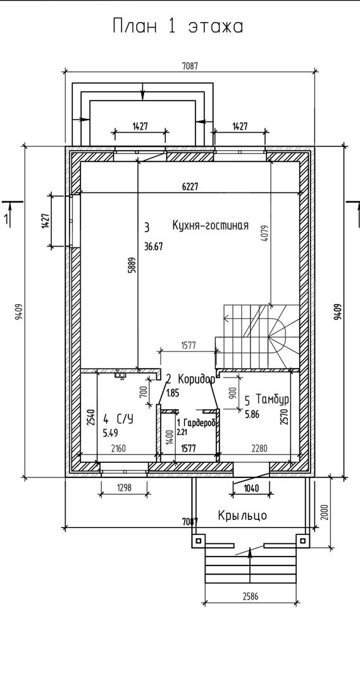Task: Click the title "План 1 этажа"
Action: click(x=178, y=27)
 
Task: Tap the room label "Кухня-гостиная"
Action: click(x=210, y=225)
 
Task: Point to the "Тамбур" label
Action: click(x=273, y=400)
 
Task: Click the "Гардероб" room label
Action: click(x=199, y=422)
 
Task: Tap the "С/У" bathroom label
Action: click(x=125, y=419)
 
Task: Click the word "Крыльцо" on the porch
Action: click(x=242, y=516)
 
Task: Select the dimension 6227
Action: click(x=190, y=187)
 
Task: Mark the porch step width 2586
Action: click(x=251, y=596)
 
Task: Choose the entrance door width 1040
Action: click(x=252, y=488)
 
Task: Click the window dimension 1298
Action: click(x=125, y=487)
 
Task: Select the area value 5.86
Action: click(x=252, y=415)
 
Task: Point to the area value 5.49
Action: click(x=110, y=433)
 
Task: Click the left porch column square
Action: click(x=198, y=541)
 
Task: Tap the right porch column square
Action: click(x=302, y=541)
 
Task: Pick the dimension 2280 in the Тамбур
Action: click(x=260, y=448)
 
